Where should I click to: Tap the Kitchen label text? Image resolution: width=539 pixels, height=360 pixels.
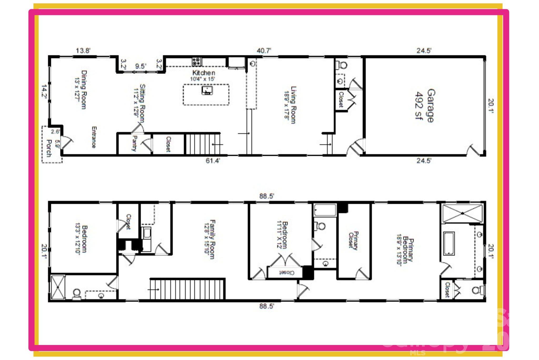point(204,73)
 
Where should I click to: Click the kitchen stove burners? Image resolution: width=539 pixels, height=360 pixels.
point(196,62)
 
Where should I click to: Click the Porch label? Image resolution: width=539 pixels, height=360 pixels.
point(49,148)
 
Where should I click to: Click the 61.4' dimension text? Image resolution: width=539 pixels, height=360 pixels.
point(213,161)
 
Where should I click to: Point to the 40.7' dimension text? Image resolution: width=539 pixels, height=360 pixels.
point(264,51)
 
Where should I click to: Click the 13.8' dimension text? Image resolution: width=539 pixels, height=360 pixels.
point(83,51)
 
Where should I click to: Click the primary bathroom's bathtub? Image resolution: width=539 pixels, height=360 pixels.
point(449,243)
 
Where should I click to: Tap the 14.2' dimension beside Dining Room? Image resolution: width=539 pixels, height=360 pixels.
point(44,92)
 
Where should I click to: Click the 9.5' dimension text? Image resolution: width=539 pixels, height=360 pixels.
point(141,66)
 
